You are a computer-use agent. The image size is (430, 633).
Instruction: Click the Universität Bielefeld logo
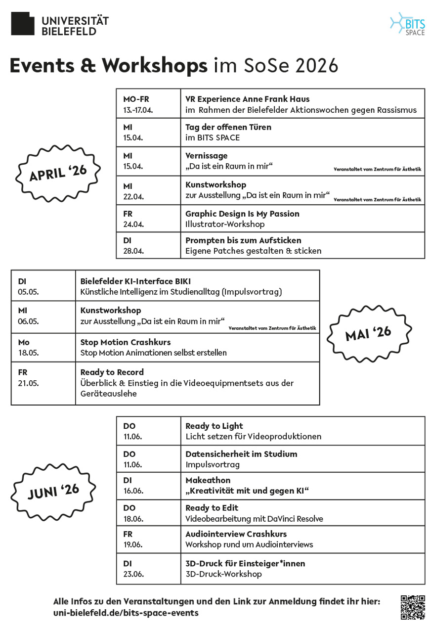coord(59,24)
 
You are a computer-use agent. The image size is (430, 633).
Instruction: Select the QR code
coord(412,607)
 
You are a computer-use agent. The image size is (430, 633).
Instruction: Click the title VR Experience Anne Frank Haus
coord(247,99)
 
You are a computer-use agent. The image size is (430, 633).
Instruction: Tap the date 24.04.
coord(133,224)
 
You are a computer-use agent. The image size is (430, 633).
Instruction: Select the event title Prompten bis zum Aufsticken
coord(243,240)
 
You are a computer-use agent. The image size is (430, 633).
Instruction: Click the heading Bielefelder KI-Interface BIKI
coord(135,281)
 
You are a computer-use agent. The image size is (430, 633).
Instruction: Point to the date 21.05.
coord(29,383)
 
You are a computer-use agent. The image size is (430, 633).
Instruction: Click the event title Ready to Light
coord(214,426)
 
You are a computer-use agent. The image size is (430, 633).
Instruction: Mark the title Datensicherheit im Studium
coord(241,454)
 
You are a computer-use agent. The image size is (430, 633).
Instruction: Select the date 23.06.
coord(133,574)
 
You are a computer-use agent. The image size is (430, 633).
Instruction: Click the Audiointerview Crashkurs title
coord(236,534)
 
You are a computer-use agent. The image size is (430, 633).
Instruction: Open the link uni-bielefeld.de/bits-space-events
coord(126,613)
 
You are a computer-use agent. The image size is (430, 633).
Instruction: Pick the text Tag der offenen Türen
coord(228,127)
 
